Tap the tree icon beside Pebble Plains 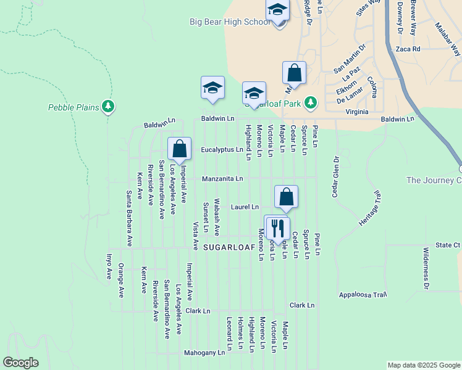click(x=109, y=107)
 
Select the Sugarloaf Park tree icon click(x=313, y=102)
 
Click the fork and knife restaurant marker click(x=277, y=228)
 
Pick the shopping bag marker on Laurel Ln click(x=286, y=197)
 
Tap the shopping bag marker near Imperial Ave click(x=179, y=149)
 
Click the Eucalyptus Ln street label click(x=222, y=150)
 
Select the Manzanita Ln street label click(x=222, y=179)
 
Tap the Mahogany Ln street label click(x=204, y=353)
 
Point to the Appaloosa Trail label click(x=363, y=295)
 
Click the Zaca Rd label click(x=408, y=49)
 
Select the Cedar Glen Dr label click(x=335, y=176)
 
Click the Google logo click(x=20, y=363)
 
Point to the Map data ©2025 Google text click(x=423, y=365)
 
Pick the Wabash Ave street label click(x=217, y=217)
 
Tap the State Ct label click(x=448, y=245)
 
